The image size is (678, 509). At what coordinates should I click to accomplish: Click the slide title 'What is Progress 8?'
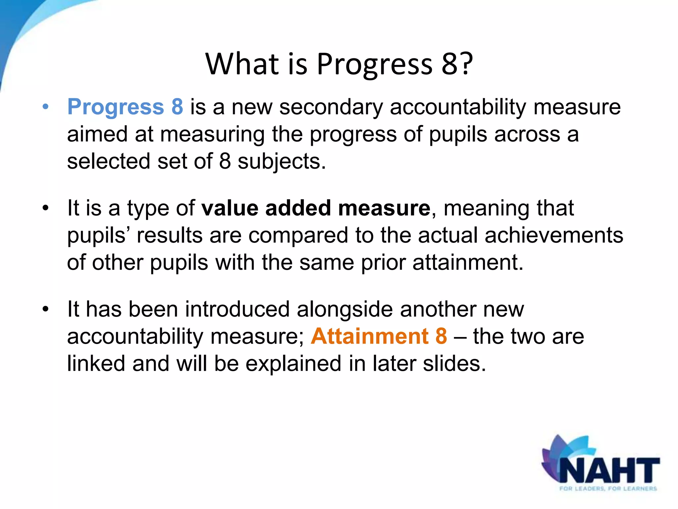[x=339, y=64]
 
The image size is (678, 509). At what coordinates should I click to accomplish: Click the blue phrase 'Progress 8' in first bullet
[x=125, y=107]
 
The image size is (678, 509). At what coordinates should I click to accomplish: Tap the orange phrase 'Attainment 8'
[x=379, y=336]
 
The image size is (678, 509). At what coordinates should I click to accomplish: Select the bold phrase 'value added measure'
[x=316, y=208]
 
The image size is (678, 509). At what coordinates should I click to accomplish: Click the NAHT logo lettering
[x=609, y=470]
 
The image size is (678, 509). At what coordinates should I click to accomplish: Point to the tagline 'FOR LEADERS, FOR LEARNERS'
[x=608, y=488]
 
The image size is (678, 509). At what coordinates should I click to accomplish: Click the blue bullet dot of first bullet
[x=46, y=107]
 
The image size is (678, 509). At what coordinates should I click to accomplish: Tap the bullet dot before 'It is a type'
[x=46, y=208]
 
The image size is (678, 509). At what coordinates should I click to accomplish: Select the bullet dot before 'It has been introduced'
[x=46, y=309]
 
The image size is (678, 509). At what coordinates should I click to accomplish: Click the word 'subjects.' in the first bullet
[x=282, y=162]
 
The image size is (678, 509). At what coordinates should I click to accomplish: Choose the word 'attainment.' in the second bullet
[x=468, y=262]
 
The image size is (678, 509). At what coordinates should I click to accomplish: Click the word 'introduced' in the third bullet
[x=237, y=309]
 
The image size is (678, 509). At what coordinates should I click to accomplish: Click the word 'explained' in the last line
[x=293, y=364]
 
